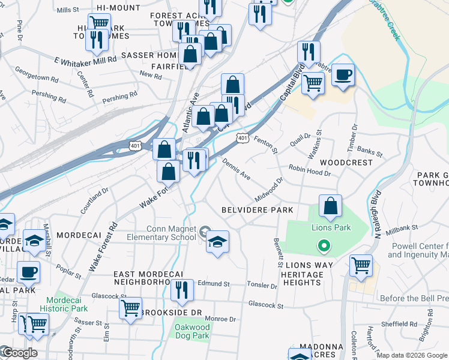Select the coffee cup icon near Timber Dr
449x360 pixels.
(x=343, y=76)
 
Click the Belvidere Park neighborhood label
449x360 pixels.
(x=257, y=210)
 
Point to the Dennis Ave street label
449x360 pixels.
(x=237, y=169)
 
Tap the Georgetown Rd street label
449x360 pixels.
(x=37, y=74)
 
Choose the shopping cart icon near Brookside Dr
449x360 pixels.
(x=130, y=310)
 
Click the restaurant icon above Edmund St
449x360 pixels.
(x=182, y=291)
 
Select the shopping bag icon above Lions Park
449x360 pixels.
(x=330, y=207)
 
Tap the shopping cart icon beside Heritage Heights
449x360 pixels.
(x=361, y=266)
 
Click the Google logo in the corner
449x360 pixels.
(x=19, y=353)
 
